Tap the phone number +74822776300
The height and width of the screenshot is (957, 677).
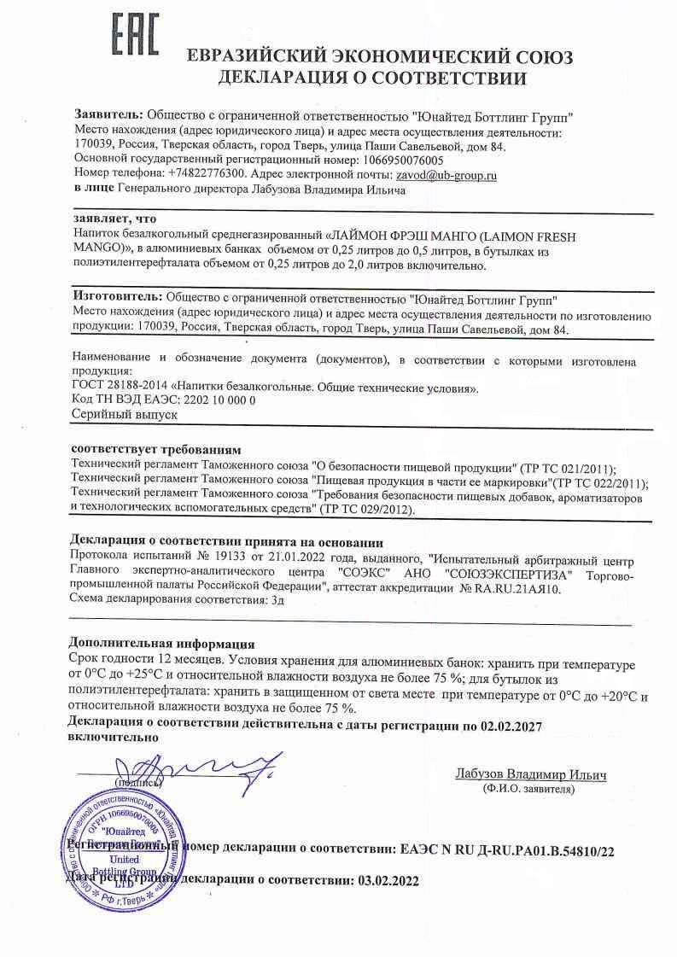pos(207,173)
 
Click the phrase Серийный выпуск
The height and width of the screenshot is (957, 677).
pos(124,414)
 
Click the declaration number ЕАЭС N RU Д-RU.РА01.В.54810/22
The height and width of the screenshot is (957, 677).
pos(507,850)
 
